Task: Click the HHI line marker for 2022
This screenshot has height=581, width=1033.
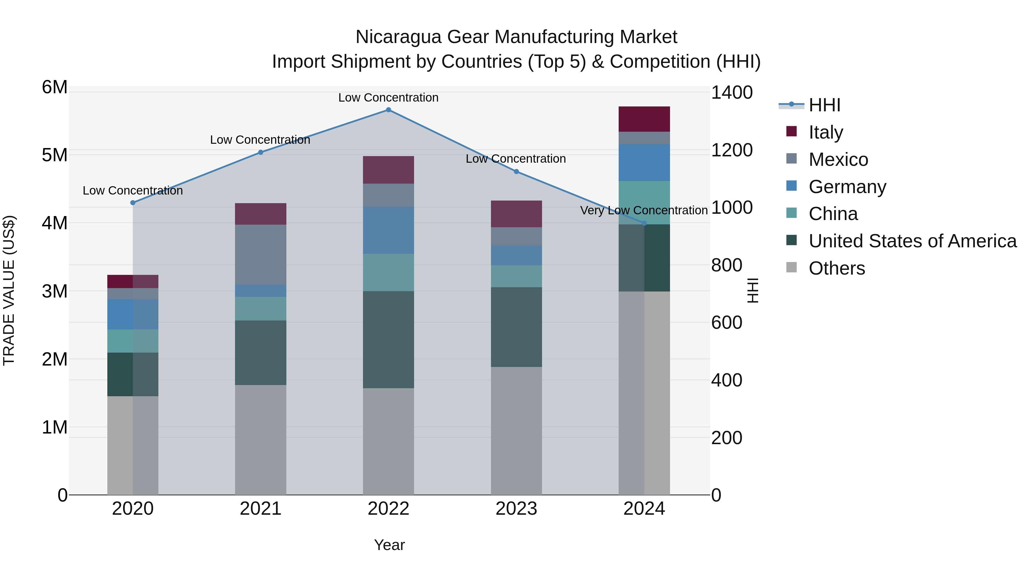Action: click(x=388, y=110)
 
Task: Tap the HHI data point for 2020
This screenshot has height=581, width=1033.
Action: click(x=133, y=203)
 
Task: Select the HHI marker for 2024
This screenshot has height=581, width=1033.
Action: click(x=644, y=223)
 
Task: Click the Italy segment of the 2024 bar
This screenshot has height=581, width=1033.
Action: click(x=644, y=119)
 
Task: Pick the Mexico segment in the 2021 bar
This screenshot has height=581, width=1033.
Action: click(x=260, y=254)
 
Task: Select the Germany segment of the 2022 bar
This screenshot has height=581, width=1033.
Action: click(x=388, y=230)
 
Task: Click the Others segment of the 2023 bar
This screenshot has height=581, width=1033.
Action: click(x=516, y=431)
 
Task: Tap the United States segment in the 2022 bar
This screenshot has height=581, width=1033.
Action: click(x=388, y=340)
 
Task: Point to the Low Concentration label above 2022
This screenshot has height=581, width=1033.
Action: click(x=388, y=98)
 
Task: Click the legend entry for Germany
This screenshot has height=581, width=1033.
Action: click(x=847, y=187)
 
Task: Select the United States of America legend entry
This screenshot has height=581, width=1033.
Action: click(x=912, y=241)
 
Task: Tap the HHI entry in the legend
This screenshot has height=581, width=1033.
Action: click(x=824, y=105)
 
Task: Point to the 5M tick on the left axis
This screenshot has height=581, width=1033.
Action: click(x=55, y=155)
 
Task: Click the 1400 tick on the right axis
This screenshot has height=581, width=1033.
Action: click(x=731, y=93)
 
